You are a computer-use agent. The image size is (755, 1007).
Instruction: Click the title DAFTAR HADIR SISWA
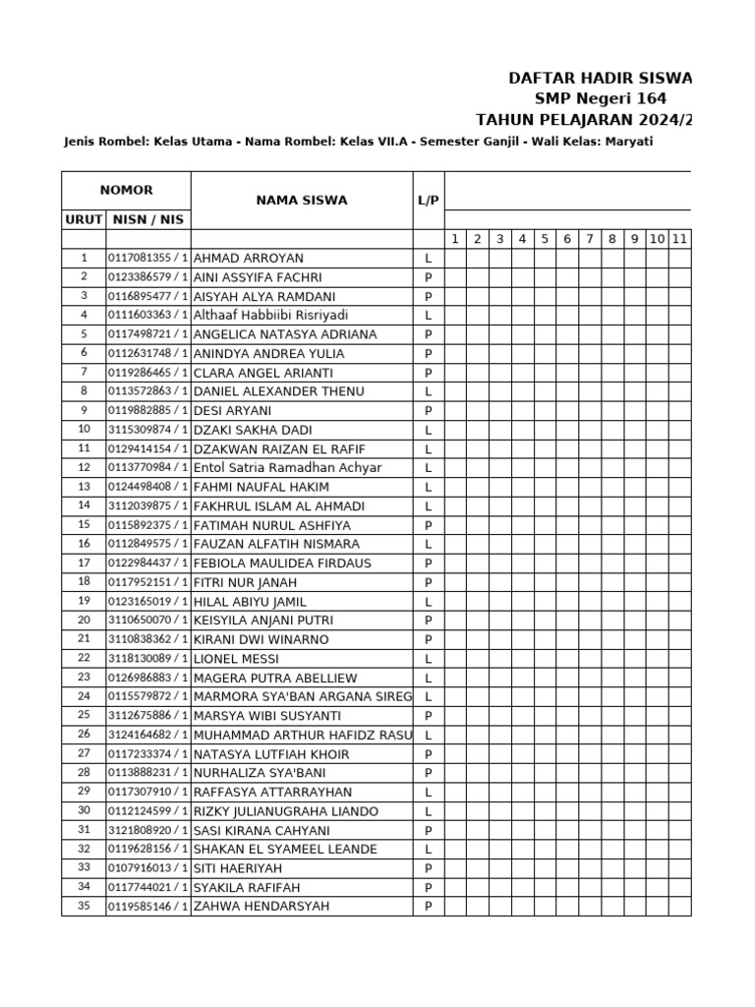[600, 78]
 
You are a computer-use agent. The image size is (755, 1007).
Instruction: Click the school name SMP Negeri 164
[600, 98]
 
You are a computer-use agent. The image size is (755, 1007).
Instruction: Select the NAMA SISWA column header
[301, 200]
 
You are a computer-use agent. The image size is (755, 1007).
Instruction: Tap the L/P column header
[428, 200]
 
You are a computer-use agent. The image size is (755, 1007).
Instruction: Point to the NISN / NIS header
[147, 219]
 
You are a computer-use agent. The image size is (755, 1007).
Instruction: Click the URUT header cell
[84, 219]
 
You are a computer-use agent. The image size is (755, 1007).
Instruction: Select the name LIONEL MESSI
[236, 659]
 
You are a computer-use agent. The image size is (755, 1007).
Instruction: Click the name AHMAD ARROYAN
[249, 259]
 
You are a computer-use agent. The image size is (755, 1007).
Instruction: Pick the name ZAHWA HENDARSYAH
[261, 907]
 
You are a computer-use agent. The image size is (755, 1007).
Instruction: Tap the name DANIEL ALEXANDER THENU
[278, 391]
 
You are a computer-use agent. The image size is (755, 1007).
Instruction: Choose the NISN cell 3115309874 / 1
[147, 430]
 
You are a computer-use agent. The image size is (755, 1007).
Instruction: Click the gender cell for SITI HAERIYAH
[428, 868]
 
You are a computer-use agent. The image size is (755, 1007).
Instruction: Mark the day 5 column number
[544, 239]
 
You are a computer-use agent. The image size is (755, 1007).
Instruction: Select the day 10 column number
[657, 239]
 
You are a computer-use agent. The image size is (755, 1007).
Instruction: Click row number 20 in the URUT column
[84, 621]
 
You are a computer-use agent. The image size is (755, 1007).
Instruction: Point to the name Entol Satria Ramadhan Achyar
[287, 468]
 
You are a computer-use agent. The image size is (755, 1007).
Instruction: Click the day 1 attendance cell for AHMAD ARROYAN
[453, 259]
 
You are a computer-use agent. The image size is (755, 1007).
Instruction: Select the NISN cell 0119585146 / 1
[147, 907]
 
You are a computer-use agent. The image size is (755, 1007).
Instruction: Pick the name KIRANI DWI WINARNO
[261, 640]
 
